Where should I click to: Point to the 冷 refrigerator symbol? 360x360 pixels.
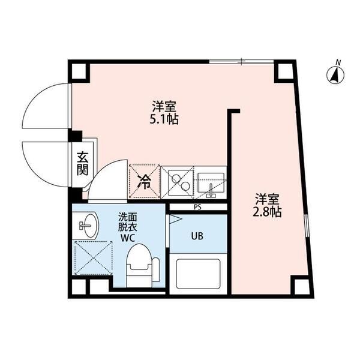[x=145, y=181]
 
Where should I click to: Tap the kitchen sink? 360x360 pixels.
[x=211, y=182]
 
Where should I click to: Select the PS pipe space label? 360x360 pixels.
[x=197, y=208]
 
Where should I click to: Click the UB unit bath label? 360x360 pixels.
[x=197, y=235]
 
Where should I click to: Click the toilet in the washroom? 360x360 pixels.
[x=142, y=266]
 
